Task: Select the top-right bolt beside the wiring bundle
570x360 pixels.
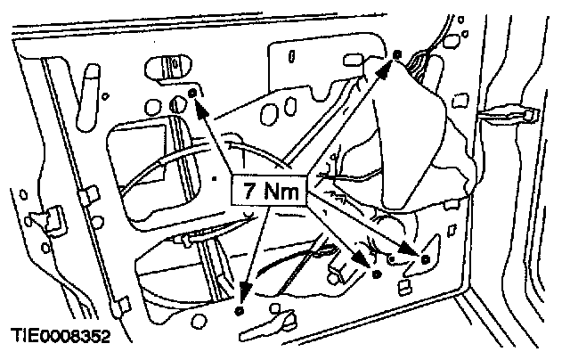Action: [397, 55]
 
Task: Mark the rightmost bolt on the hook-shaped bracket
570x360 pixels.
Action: [425, 259]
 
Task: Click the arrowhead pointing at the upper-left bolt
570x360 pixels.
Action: [199, 110]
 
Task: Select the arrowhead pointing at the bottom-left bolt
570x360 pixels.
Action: [240, 291]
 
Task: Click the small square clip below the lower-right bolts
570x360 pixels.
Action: [404, 286]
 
